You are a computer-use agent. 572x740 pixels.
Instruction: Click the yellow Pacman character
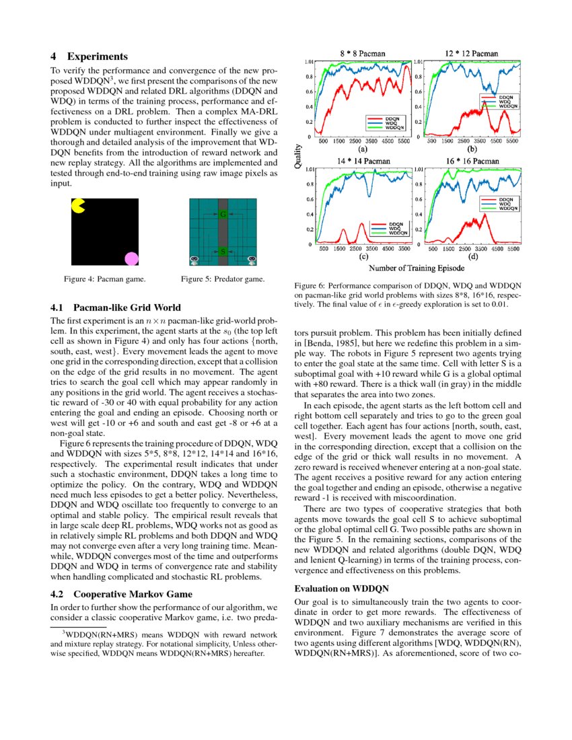[x=78, y=205]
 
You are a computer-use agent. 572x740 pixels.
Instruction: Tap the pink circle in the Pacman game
[x=131, y=258]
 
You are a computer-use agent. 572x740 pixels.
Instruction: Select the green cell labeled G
[x=223, y=214]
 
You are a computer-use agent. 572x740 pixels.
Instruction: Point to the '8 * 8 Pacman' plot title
[x=363, y=52]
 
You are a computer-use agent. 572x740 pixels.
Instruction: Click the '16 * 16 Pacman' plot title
[x=472, y=161]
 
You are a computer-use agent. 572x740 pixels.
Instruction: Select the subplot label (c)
[x=363, y=256]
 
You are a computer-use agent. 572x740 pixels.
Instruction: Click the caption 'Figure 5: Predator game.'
[x=223, y=278]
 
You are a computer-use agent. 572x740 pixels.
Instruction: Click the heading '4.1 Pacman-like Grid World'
[x=117, y=307]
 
